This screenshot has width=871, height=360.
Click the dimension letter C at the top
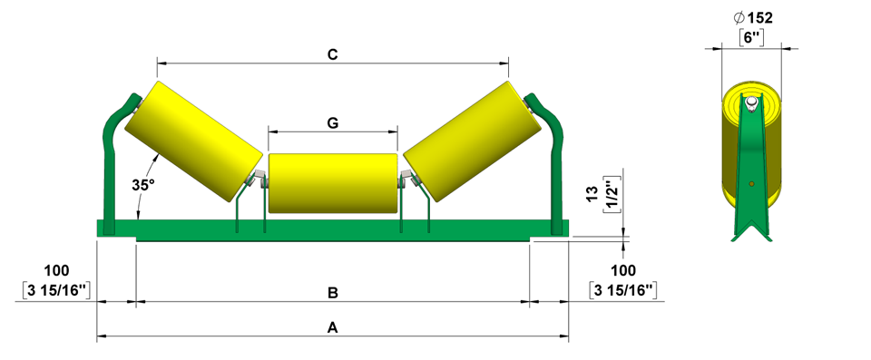point(333,54)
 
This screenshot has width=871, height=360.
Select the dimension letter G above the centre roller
point(333,123)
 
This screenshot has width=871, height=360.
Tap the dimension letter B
point(333,293)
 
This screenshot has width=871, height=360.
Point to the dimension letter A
point(333,328)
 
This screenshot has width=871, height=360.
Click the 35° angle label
point(143,185)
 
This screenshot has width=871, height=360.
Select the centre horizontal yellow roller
point(333,183)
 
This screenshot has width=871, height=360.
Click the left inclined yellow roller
point(193,141)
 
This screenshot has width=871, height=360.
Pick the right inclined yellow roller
point(472,141)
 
